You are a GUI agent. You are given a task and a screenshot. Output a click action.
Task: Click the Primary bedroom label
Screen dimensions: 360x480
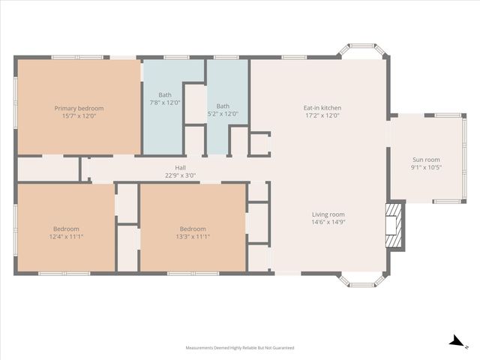[79, 108]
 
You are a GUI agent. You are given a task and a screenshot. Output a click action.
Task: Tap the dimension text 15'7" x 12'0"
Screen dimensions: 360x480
[79, 115]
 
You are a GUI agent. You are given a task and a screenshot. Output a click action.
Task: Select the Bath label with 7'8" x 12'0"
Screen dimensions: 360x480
[165, 95]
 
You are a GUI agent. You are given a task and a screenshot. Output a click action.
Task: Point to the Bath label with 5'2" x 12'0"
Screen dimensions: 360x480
[223, 106]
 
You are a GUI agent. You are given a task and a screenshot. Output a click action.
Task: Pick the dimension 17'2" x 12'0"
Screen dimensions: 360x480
[322, 115]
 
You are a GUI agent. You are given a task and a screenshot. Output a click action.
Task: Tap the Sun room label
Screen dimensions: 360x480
[425, 160]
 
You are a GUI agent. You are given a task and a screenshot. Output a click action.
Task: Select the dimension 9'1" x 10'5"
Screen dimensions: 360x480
[425, 167]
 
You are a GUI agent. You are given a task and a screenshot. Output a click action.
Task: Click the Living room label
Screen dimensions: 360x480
[328, 214]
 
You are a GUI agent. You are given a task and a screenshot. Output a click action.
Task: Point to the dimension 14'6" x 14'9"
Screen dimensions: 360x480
[328, 222]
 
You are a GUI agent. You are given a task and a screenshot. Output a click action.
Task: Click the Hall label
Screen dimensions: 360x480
[180, 168]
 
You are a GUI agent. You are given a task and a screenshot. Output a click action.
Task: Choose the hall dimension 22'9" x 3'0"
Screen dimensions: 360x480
[180, 175]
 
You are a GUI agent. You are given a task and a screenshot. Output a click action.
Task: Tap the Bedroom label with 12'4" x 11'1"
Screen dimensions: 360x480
[66, 229]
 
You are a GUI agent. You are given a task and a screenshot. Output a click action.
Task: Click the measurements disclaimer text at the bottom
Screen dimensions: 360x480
[240, 348]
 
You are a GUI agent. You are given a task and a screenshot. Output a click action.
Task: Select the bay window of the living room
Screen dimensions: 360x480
[362, 280]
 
